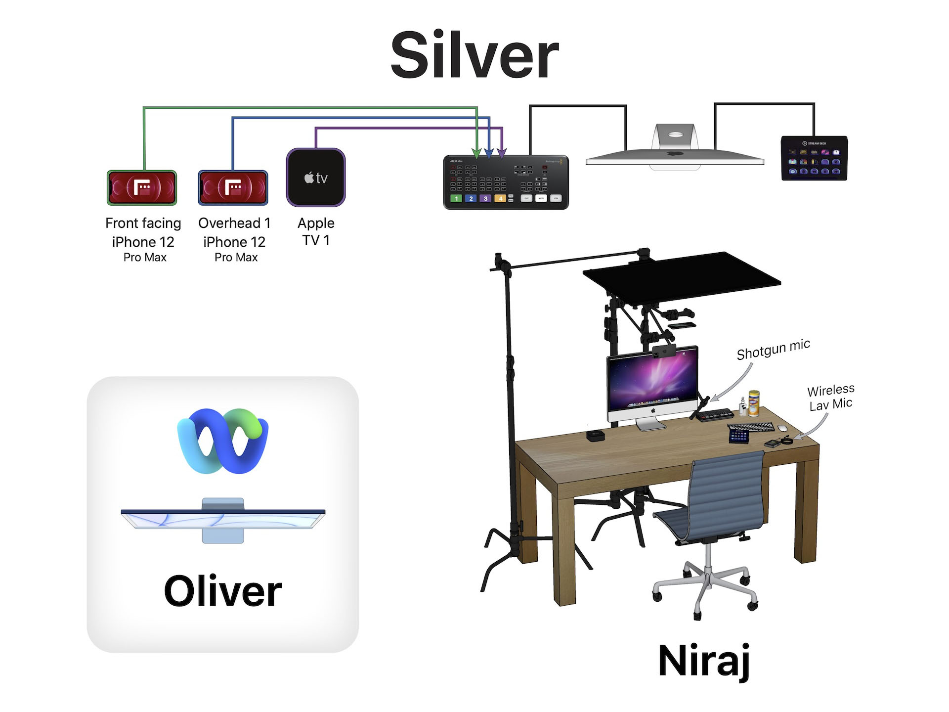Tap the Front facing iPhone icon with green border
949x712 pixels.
coord(142,188)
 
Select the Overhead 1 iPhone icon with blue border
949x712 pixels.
coord(233,188)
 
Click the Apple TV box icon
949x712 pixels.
coord(316,177)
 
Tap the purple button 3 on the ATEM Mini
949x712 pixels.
coord(485,198)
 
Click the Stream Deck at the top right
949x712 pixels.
coord(814,158)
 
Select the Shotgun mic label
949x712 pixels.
coord(773,350)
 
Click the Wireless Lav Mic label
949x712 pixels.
coord(831,397)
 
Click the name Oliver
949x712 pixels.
coord(222,591)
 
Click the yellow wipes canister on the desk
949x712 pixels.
coord(754,403)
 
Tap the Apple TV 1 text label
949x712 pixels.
coord(316,231)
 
